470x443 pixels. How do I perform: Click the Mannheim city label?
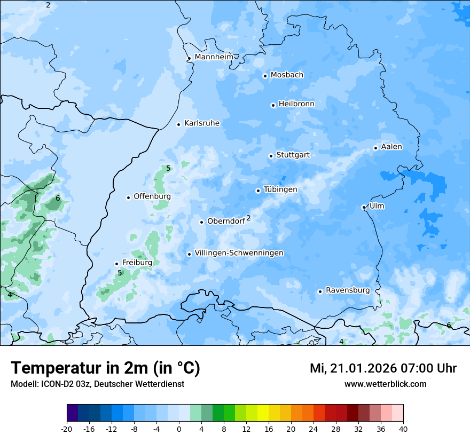[214, 57]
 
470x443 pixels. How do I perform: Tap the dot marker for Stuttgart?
[271, 156]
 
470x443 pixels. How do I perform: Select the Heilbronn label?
[296, 104]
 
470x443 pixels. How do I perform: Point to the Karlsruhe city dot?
[179, 124]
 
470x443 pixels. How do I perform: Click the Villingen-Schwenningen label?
[239, 252]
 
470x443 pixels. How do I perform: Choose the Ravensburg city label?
[347, 290]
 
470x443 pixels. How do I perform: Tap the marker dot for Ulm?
[364, 207]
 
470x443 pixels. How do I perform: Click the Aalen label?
[391, 146]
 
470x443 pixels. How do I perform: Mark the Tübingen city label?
[280, 189]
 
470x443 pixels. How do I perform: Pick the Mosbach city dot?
[265, 76]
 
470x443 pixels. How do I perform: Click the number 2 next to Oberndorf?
[248, 218]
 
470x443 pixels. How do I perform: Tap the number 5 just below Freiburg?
[120, 273]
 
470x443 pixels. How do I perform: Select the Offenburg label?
[152, 196]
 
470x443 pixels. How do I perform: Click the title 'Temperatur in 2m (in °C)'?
[105, 368]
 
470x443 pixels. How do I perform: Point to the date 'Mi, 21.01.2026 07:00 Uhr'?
[383, 368]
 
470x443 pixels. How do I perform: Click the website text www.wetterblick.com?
[385, 384]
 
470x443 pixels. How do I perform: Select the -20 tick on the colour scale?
[67, 429]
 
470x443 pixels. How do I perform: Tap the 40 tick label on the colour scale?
[403, 429]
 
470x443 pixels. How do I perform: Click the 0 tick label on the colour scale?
[179, 429]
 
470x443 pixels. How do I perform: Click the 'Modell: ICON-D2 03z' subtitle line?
[97, 384]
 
